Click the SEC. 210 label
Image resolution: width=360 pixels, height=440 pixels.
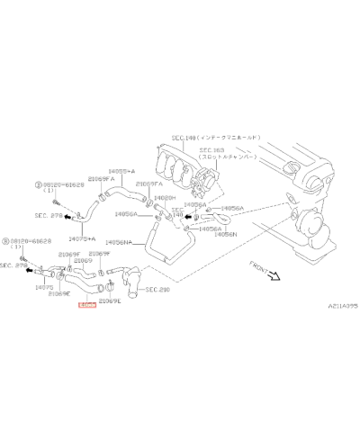tap(157, 291)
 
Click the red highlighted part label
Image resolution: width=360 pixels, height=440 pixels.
tap(86, 307)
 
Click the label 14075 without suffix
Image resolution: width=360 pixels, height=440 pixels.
tap(43, 287)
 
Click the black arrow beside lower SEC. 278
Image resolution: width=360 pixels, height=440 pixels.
tap(29, 268)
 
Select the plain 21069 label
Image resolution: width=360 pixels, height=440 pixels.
tap(83, 261)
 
